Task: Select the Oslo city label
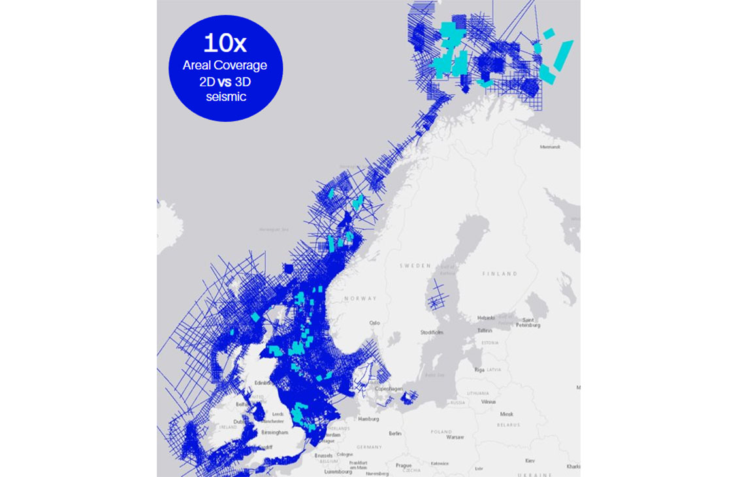click(374, 323)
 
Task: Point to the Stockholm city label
click(432, 332)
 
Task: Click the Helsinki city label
click(486, 318)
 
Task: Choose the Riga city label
click(480, 370)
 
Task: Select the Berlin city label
click(394, 433)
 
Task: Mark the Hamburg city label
click(367, 419)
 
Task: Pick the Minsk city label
click(506, 414)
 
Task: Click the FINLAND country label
click(500, 274)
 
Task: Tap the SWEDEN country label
click(415, 266)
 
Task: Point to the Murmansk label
click(550, 147)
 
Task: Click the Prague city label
click(403, 465)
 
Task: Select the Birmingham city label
click(274, 433)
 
